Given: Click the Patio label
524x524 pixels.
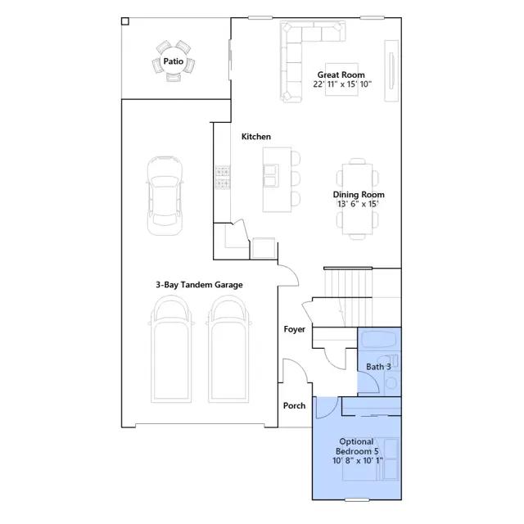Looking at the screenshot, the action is (173, 61).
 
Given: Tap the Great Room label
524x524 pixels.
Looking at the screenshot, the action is (341, 75).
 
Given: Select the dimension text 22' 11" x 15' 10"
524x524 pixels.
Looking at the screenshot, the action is (342, 84).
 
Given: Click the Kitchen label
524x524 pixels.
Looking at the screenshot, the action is (256, 137).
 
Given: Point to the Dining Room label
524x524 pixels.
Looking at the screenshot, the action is (359, 195).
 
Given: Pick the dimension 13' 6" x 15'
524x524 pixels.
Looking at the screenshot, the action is (358, 204).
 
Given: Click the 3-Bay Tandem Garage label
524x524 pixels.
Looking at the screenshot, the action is (199, 285).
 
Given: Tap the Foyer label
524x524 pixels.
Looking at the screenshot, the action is (295, 329).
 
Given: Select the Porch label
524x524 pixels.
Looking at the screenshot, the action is (294, 405).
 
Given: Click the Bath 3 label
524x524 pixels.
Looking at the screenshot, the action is (378, 367).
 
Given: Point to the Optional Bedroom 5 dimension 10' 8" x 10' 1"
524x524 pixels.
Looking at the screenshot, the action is (358, 460).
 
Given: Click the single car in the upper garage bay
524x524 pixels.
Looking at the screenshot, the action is (165, 196).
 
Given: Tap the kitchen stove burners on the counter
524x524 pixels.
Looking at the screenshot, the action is (222, 178).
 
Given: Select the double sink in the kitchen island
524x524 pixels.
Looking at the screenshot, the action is (271, 175).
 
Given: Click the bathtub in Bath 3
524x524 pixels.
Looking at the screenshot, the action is (379, 341).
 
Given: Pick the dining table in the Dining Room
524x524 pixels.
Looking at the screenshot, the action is (357, 199).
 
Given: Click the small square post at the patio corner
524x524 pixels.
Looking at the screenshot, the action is (125, 21).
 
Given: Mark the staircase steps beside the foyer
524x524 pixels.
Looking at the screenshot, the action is (347, 297).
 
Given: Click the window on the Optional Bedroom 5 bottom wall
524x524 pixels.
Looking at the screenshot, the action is (357, 500).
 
